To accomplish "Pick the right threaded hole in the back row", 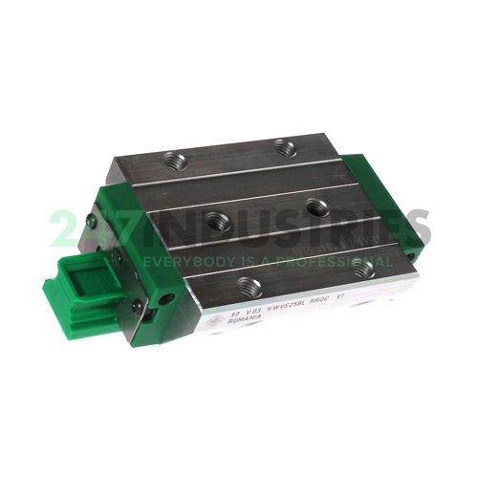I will pos(281,145).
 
